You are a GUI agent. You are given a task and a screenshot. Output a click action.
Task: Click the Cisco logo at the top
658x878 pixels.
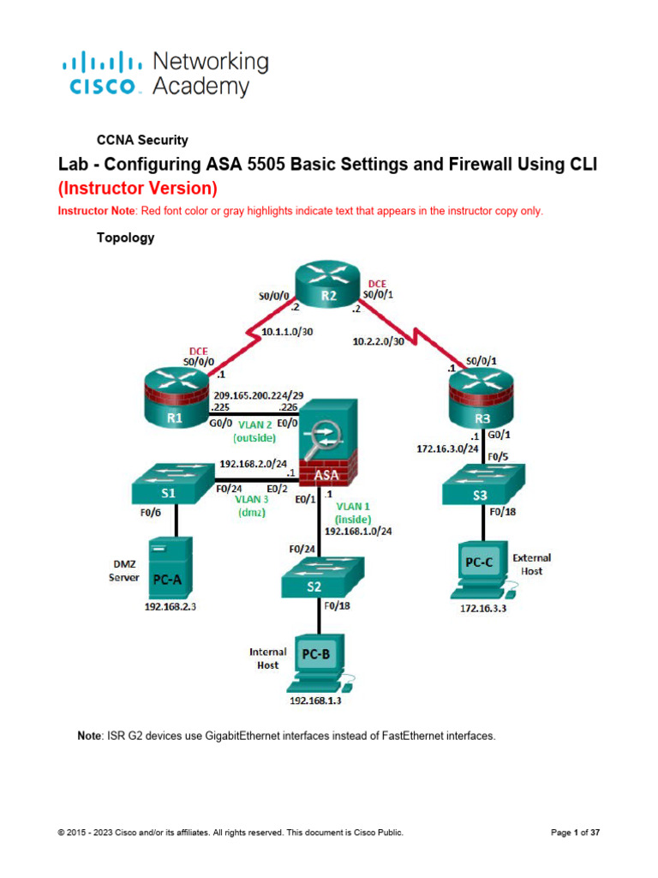coord(163,73)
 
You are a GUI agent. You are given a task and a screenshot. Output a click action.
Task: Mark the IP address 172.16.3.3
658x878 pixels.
coord(481,608)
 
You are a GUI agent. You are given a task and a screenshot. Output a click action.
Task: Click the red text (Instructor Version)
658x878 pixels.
coord(137,187)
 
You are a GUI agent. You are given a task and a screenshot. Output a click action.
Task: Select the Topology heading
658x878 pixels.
coord(127,238)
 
